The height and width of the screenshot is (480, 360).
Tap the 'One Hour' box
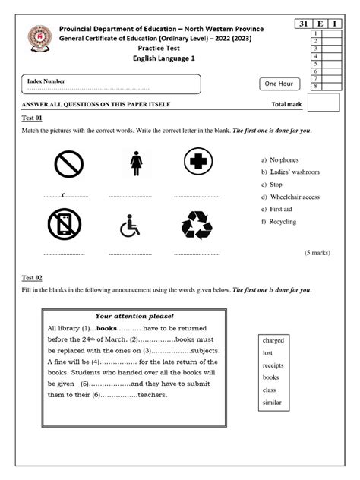pos(279,84)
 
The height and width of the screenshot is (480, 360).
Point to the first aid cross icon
pos(198,162)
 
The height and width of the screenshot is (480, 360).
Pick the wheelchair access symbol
pos(131,226)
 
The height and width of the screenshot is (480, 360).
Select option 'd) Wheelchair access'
pos(289,197)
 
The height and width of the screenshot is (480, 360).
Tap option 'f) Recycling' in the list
pos(278,221)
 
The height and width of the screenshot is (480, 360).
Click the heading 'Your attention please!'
pos(134,315)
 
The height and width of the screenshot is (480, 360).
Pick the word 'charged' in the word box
pos(273,340)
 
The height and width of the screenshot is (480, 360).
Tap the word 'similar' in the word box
pos(272,402)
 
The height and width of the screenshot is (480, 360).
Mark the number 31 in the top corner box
pos(304,24)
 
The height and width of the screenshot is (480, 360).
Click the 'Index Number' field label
pos(46,81)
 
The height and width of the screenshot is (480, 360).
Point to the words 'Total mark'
pos(287,105)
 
